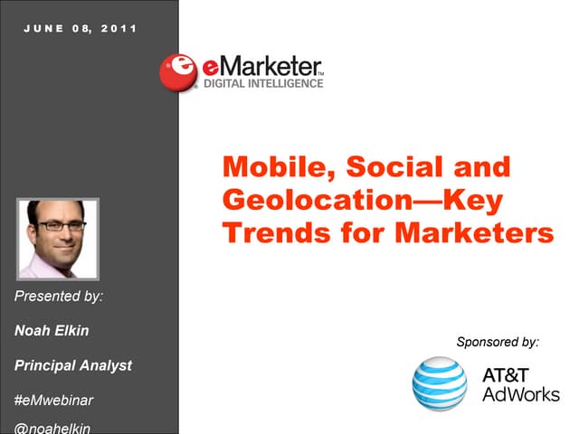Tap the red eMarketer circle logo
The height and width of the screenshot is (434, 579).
pos(179,71)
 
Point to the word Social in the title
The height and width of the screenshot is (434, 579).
pos(394,167)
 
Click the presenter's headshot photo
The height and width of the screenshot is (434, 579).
pos(58,239)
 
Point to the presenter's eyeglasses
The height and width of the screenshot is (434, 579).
pos(57,225)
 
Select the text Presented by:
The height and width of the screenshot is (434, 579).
pos(59,296)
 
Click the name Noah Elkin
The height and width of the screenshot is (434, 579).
pos(52,330)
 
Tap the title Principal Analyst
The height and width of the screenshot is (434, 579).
pos(73,365)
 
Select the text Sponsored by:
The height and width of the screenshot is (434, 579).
pos(498,342)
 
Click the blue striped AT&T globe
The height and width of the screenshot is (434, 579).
pos(440,383)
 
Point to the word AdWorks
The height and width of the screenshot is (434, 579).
pos(521,394)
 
